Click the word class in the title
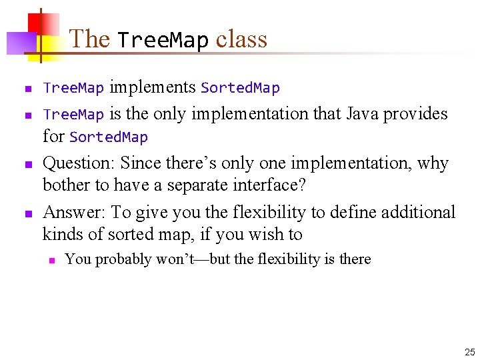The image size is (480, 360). (x=241, y=39)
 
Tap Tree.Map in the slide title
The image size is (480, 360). (x=163, y=41)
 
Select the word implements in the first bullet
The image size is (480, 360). (x=152, y=87)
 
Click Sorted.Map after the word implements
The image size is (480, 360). (x=240, y=88)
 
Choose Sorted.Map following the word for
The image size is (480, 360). (x=108, y=137)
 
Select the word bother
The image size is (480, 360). (x=63, y=185)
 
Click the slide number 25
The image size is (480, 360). (x=469, y=351)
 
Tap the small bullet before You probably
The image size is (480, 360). (x=50, y=260)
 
